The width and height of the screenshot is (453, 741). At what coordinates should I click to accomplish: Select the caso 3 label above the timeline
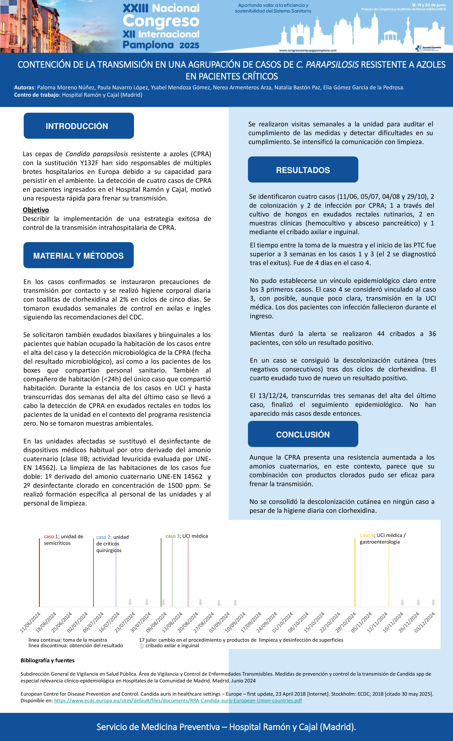[x=173, y=536]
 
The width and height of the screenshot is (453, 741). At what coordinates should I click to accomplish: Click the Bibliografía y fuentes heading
[x=47, y=660]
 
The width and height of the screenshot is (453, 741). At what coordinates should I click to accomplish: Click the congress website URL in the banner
[x=307, y=51]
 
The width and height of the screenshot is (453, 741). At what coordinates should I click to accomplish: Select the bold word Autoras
[x=24, y=87]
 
